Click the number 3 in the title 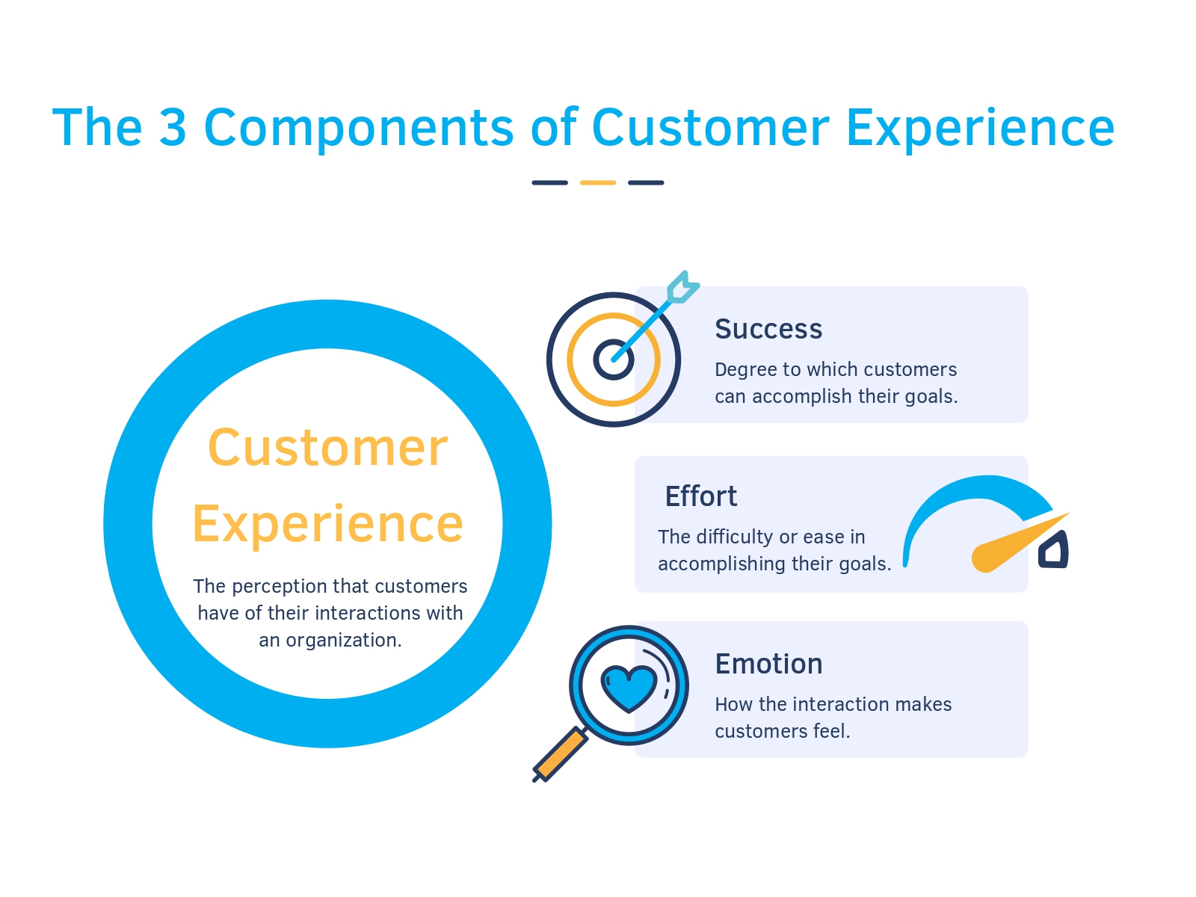click(x=173, y=127)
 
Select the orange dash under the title click(x=597, y=182)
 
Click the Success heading click(x=768, y=329)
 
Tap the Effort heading click(x=700, y=496)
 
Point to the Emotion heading click(x=768, y=664)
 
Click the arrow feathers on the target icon click(x=682, y=288)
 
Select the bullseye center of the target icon click(x=614, y=360)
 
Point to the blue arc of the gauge click(x=964, y=493)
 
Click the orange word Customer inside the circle click(x=327, y=448)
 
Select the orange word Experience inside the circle click(x=327, y=524)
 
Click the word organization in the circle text click(x=343, y=641)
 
